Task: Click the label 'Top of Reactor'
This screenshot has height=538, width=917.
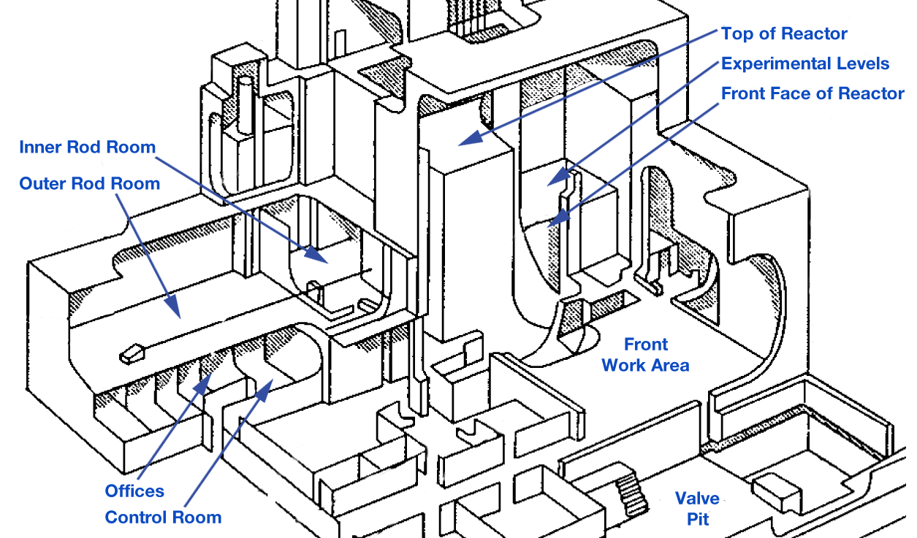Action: [784, 34]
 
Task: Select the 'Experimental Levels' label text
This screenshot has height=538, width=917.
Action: [805, 64]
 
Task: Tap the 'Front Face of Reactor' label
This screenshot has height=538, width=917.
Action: [813, 93]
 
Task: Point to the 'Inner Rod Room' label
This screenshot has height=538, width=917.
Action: [87, 147]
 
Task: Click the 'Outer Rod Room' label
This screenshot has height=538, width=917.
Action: [89, 182]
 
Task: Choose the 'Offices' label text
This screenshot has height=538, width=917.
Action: [134, 491]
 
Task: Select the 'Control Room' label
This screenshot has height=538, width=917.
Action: [163, 518]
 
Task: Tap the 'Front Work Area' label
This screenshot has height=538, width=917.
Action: [645, 354]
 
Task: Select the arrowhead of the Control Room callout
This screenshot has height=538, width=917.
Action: [270, 384]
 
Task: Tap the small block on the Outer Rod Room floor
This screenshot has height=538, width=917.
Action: [131, 354]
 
